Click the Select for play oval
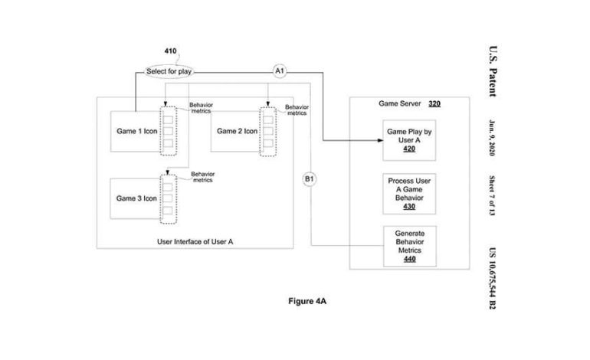coord(169,72)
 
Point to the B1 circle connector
coord(310,179)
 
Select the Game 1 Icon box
coord(134,131)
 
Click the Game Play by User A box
coord(409,140)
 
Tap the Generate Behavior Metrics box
coord(409,245)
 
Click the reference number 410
coord(170,52)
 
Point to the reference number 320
coord(434,104)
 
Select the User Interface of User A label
coord(195,241)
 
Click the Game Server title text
coord(401,104)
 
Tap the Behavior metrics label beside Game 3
coord(202,177)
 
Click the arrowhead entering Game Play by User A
coord(379,140)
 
